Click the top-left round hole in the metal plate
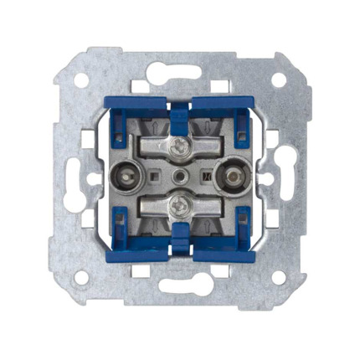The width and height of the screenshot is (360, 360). click(82, 80)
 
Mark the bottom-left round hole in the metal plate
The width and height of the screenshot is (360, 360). click(82, 276)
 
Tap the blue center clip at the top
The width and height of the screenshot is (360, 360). click(179, 108)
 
